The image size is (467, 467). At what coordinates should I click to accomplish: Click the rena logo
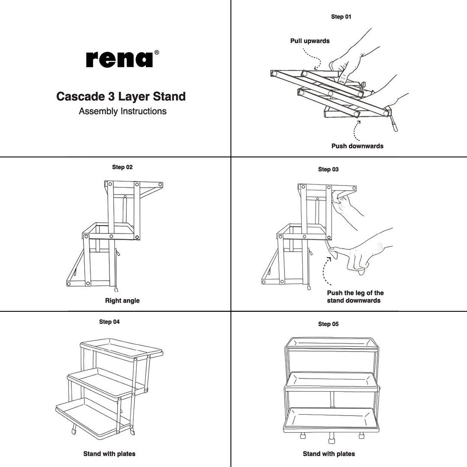tap(119, 59)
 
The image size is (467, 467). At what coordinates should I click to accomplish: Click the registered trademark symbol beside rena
tap(157, 52)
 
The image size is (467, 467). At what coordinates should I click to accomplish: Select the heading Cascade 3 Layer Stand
tap(121, 96)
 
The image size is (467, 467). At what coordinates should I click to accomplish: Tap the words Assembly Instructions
tap(122, 111)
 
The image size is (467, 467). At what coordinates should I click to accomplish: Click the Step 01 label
tap(341, 17)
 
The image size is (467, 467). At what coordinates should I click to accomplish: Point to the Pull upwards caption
tap(310, 41)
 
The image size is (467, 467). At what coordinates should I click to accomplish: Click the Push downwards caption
tap(357, 146)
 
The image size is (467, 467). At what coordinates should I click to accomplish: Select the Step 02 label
tap(122, 167)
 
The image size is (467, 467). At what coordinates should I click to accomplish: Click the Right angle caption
tap(122, 301)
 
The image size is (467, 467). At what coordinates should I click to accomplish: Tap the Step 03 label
tap(328, 169)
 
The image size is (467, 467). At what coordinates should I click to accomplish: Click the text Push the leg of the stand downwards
tap(355, 297)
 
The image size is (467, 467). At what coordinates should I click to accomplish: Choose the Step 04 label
tap(109, 322)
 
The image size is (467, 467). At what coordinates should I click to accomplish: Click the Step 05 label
tap(328, 324)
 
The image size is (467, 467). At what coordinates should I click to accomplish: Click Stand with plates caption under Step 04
tap(109, 454)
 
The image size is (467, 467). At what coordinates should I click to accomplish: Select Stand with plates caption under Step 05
tap(329, 454)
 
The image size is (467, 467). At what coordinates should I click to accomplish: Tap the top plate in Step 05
tap(331, 343)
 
